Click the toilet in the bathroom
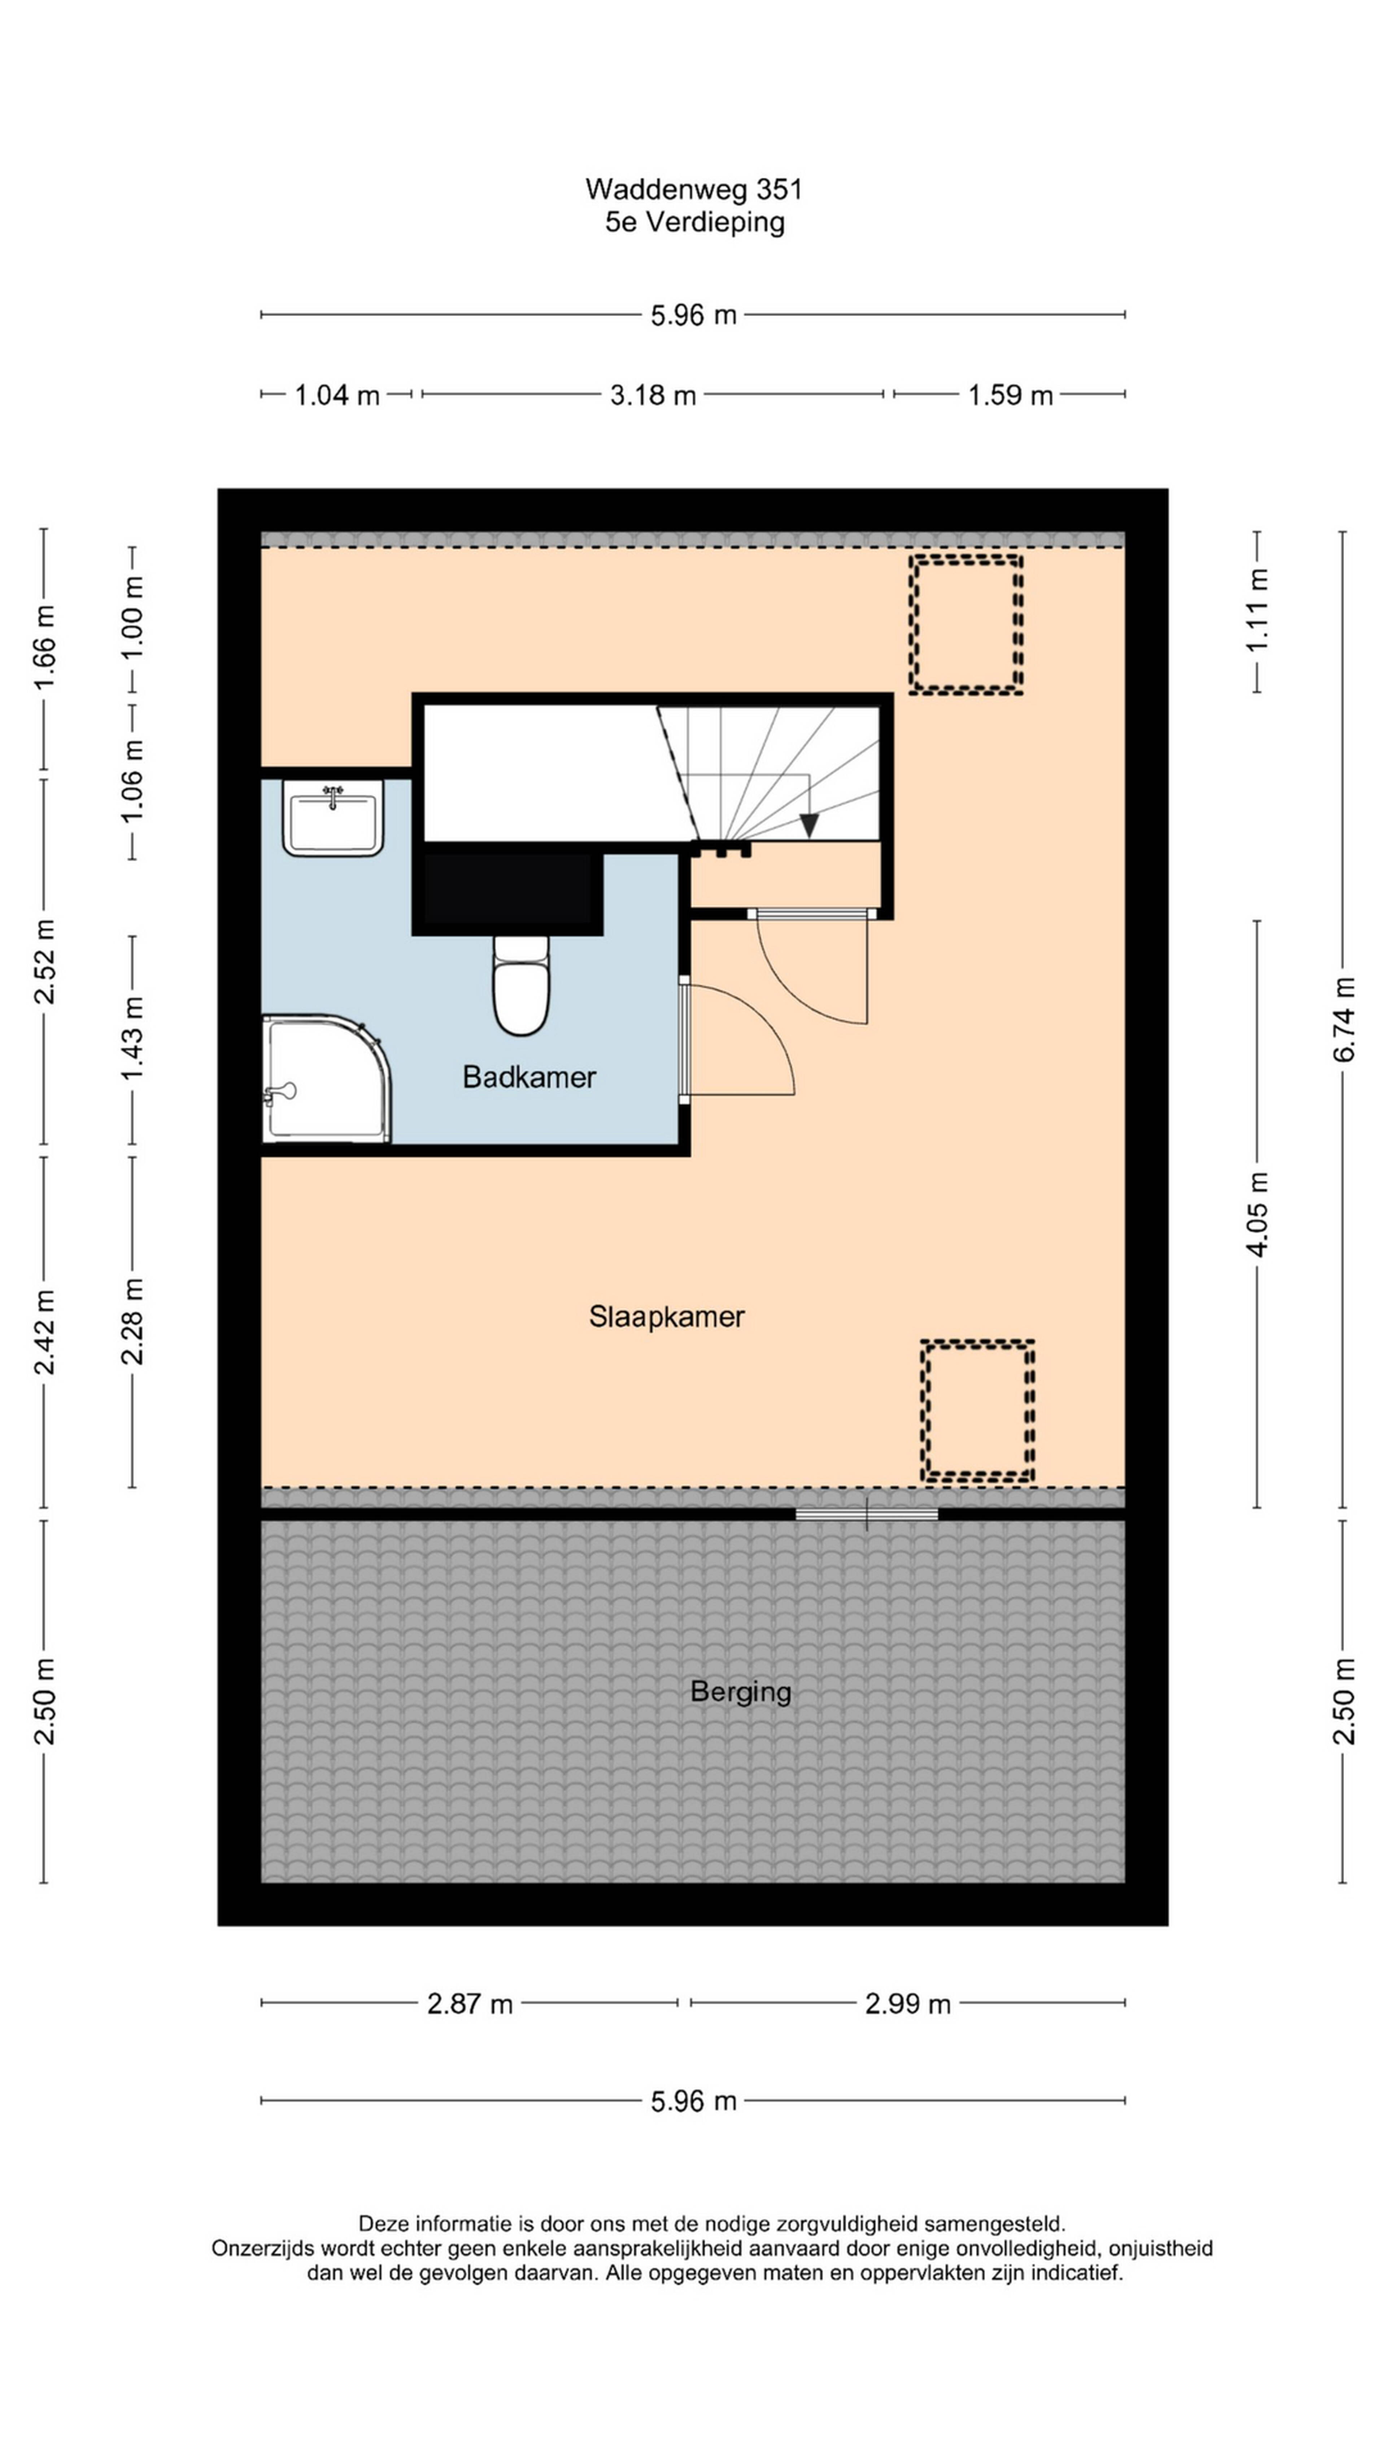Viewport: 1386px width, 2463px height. tap(521, 985)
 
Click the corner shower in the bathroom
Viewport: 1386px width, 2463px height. tap(325, 1079)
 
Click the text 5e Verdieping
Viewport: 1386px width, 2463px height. tap(694, 222)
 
